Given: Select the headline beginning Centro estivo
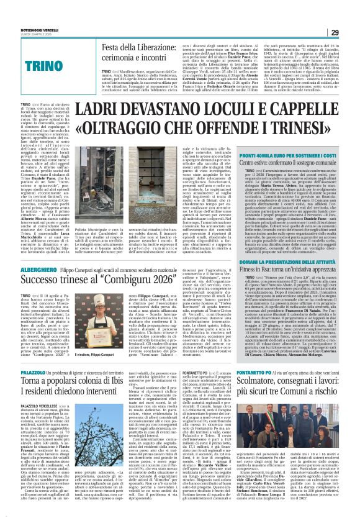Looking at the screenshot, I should pos(285,161).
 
